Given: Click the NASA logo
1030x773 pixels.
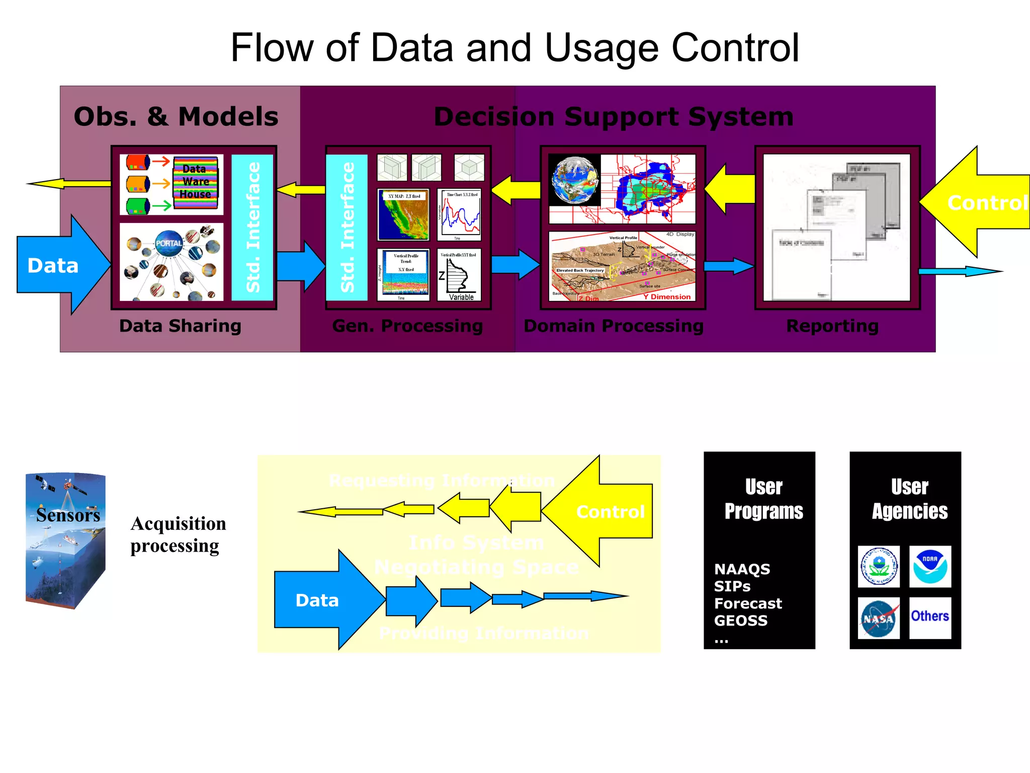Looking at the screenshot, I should point(878,618).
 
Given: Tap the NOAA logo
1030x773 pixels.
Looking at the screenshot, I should point(930,566).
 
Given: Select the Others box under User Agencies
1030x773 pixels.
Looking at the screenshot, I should point(930,617).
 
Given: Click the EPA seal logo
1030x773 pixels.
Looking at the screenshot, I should point(878,566).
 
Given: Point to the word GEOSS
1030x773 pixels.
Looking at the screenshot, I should point(740,621).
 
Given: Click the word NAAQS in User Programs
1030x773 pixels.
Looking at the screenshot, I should point(742,569).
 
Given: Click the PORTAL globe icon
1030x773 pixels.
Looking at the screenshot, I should point(169,243).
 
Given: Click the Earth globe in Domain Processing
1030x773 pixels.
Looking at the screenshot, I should point(575,180).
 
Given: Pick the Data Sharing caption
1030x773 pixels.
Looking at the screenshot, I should point(180,326).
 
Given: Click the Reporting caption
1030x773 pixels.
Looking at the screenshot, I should point(832,326).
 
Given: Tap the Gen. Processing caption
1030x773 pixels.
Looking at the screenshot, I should point(407,326).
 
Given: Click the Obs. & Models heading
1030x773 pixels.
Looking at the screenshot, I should point(176,117).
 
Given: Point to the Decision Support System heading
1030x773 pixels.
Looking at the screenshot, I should point(614,117).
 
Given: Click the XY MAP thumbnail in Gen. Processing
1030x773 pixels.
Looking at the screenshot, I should point(403,215).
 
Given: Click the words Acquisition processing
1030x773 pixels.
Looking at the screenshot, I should point(178,534).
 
